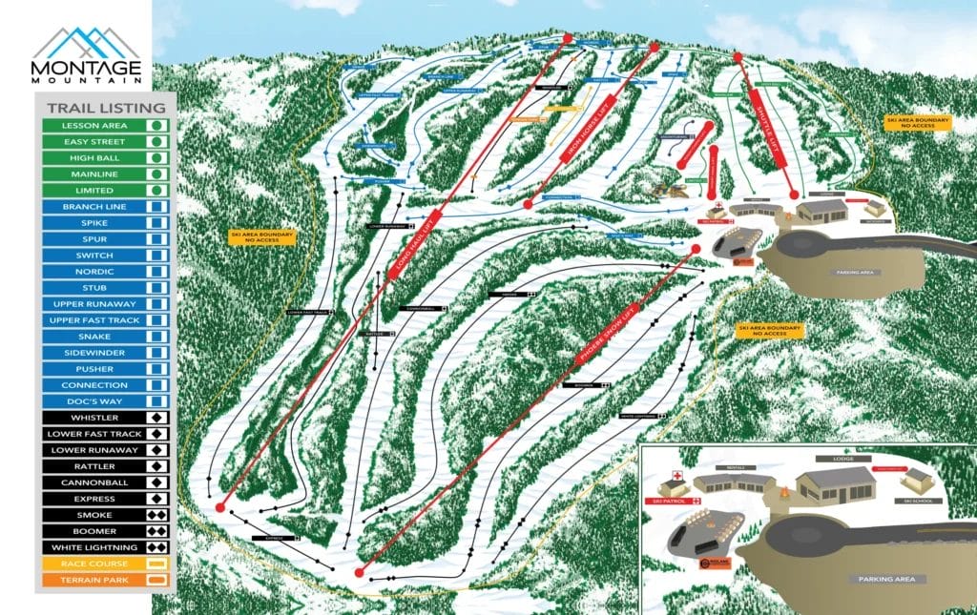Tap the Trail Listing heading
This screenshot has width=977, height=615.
[98, 109]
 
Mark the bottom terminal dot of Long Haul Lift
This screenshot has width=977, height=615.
[220, 506]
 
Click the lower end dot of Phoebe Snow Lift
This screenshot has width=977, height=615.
[359, 572]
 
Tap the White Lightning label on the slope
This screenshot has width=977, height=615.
[638, 416]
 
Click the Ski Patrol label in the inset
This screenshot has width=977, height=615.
[676, 499]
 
